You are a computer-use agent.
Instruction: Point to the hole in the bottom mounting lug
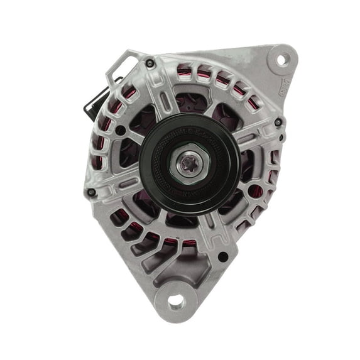(177, 301)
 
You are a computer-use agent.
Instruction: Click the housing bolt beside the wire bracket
(150, 63)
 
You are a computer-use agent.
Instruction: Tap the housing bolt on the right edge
(278, 122)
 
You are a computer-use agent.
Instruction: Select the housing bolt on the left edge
(92, 192)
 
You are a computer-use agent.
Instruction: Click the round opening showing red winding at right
(256, 192)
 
